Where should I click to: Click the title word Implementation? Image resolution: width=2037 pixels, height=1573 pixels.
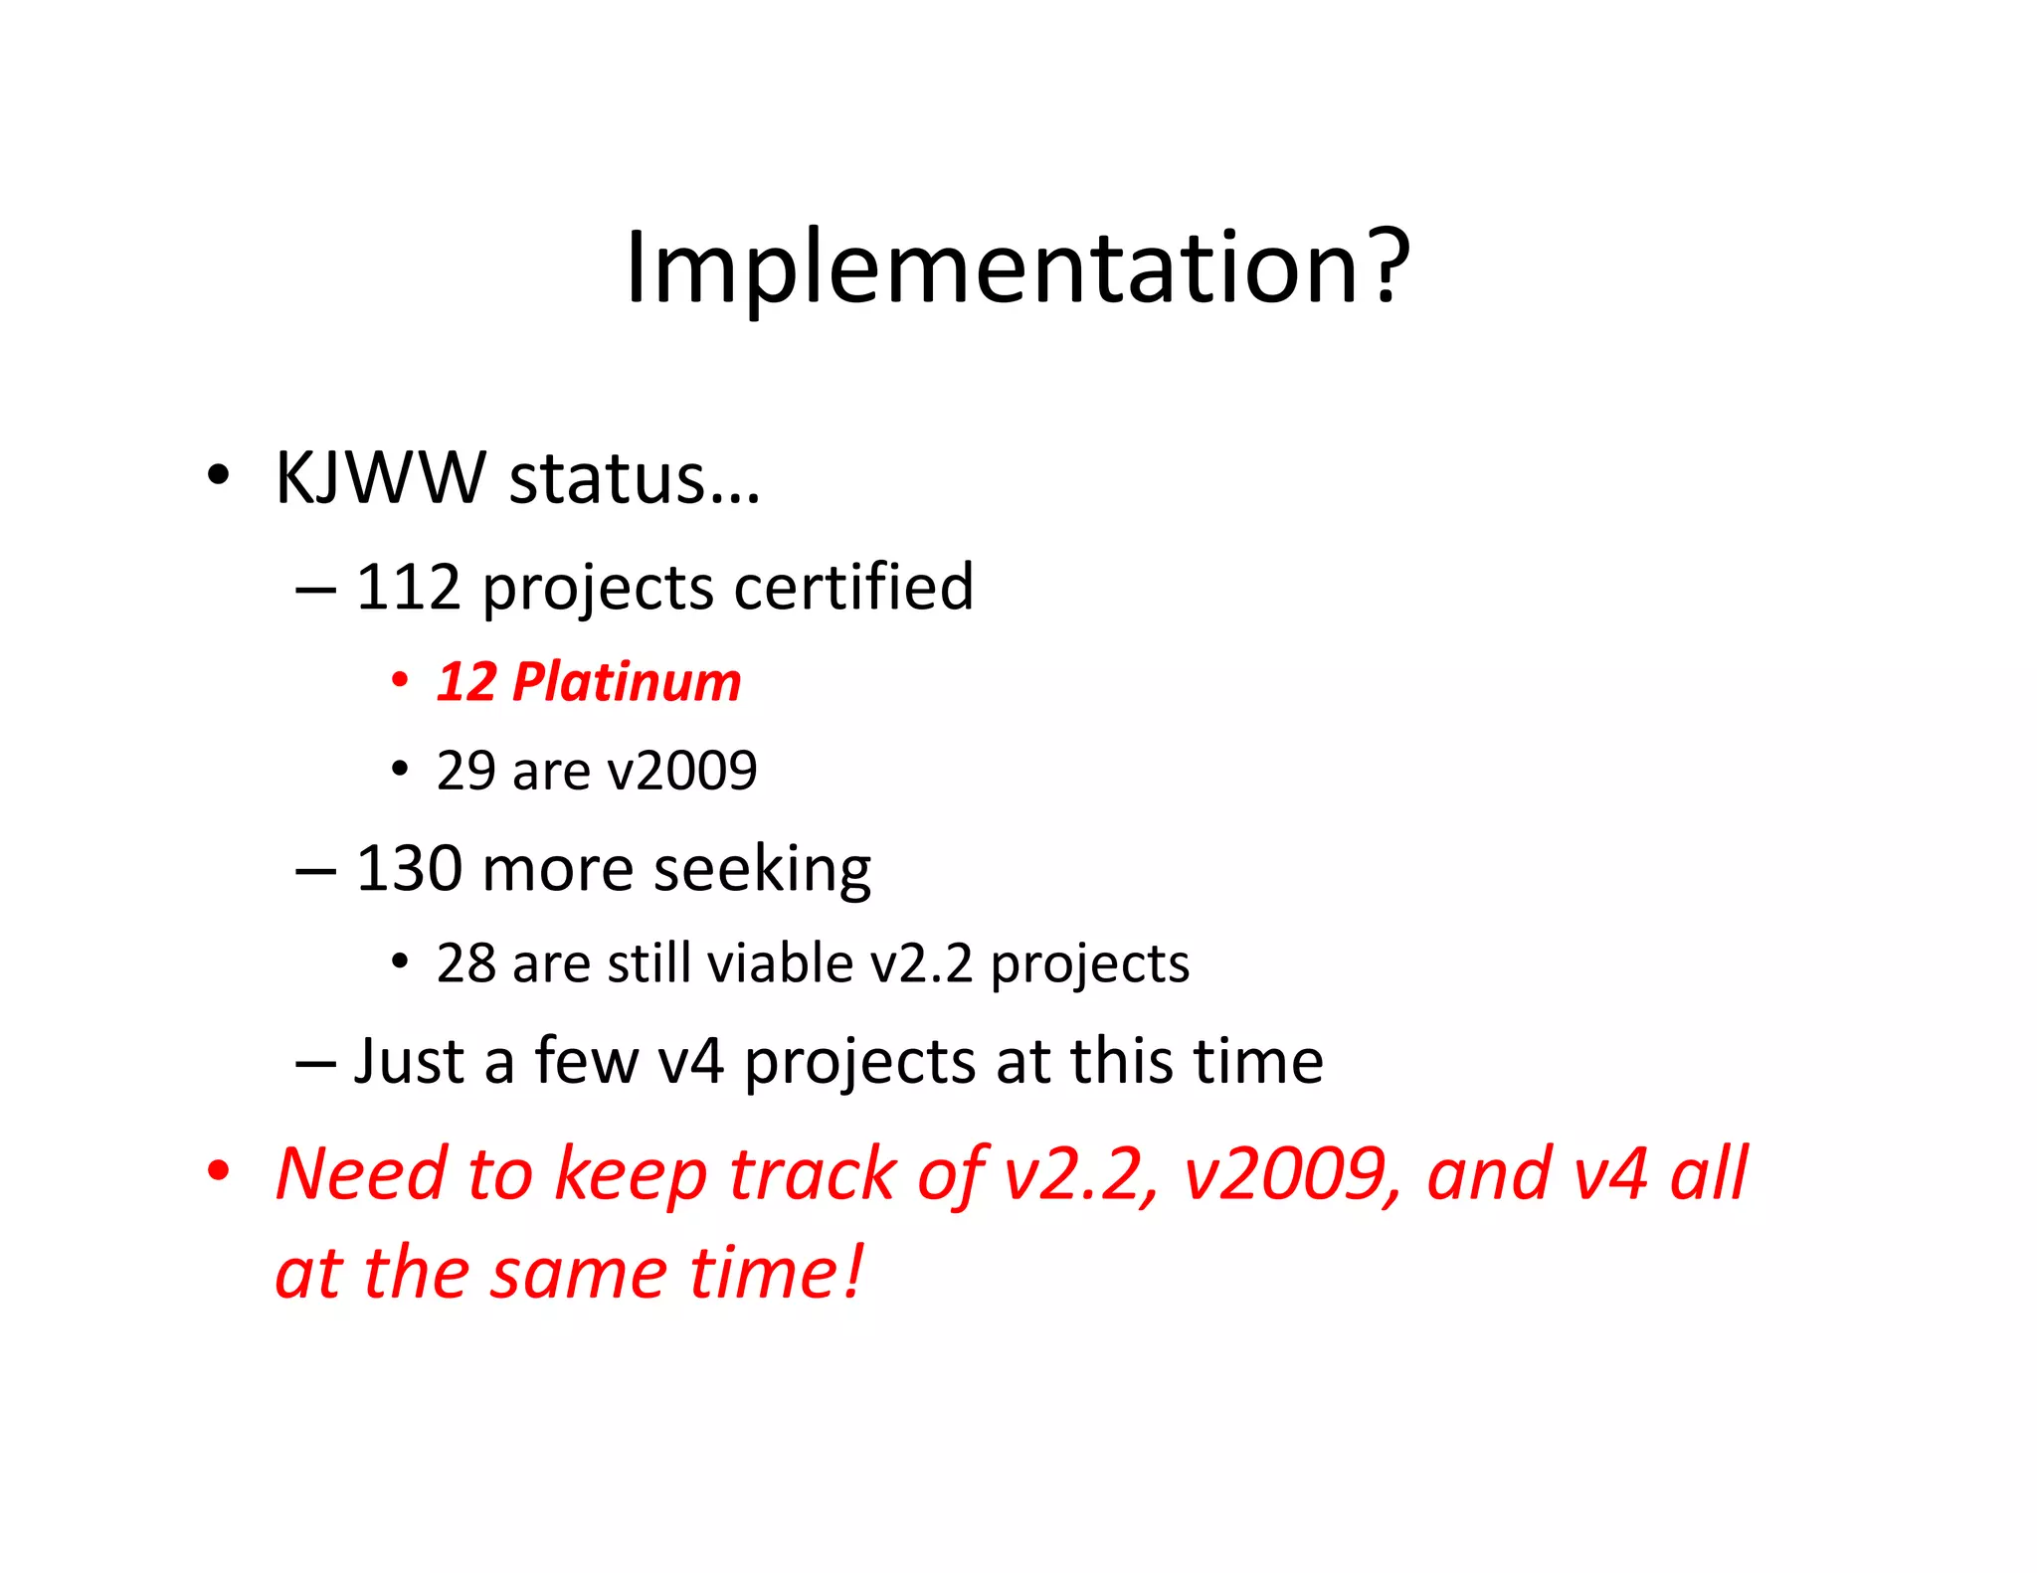point(1017,266)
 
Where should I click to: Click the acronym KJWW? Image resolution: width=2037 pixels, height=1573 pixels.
point(380,478)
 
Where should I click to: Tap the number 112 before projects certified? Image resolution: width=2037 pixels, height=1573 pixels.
point(408,587)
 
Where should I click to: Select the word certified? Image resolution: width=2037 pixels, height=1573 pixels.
point(853,587)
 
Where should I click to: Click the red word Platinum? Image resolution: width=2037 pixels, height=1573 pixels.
point(627,682)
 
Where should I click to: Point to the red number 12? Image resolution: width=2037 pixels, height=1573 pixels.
point(466,682)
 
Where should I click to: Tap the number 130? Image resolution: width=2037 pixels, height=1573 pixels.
point(408,868)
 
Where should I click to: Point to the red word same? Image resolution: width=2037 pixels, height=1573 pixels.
point(579,1274)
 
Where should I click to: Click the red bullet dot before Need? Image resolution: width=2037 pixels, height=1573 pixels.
point(218,1170)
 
